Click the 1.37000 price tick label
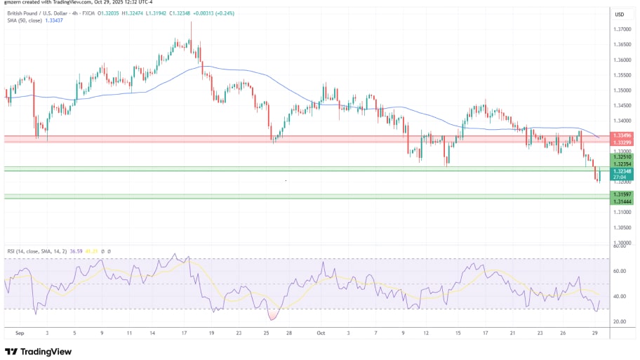[621, 29]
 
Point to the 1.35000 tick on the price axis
[621, 91]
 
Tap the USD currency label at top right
[620, 14]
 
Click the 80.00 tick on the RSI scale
[619, 246]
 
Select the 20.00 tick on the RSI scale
[619, 321]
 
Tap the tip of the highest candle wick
[191, 21]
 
